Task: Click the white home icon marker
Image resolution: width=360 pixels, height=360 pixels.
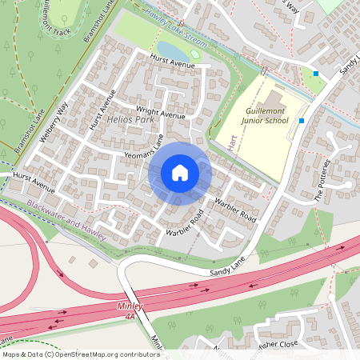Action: tap(180, 173)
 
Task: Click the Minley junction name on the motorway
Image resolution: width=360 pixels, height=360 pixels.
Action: tap(130, 306)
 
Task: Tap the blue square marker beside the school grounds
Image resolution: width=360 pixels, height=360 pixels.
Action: tap(302, 120)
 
